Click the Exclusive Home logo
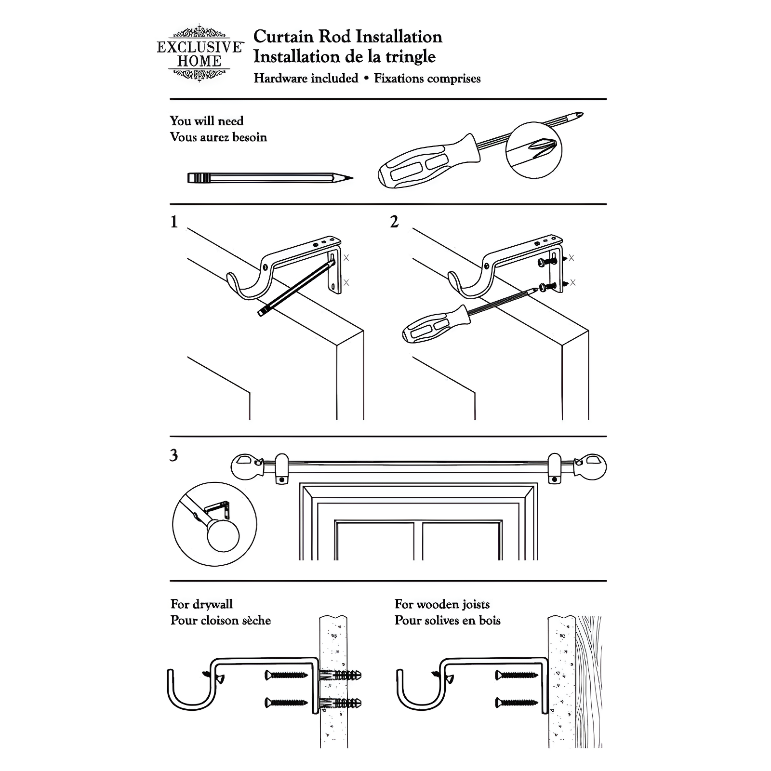point(199,53)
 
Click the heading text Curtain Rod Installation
point(347,37)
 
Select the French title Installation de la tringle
point(345,57)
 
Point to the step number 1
point(174,222)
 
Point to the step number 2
point(394,222)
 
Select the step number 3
point(174,455)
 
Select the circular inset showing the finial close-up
point(214,524)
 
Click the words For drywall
point(201,604)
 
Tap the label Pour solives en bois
point(447,620)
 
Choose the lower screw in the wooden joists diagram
point(516,703)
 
